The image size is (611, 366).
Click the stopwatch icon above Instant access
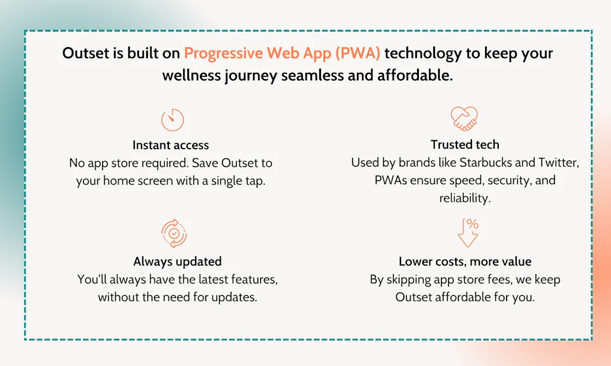(172, 119)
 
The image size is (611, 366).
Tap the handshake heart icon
(464, 118)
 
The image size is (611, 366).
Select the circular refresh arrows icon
(174, 233)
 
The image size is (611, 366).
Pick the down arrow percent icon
(468, 233)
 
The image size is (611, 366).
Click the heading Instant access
(171, 145)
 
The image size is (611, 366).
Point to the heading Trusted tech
(465, 144)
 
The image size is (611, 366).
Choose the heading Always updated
(177, 261)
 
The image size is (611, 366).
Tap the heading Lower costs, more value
(465, 261)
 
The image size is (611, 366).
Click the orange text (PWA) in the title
(358, 53)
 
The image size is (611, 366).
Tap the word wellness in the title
(192, 75)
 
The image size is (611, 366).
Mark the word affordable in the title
(415, 75)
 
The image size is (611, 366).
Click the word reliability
(465, 198)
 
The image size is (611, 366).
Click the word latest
(213, 279)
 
